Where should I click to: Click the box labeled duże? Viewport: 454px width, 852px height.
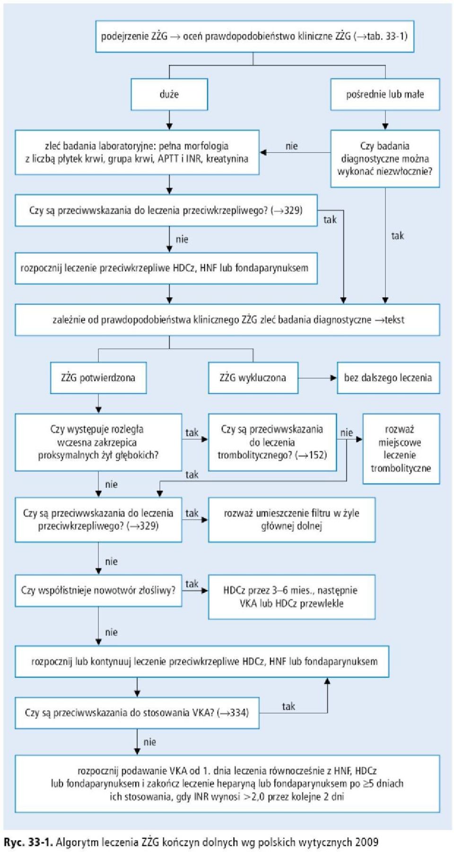point(169,94)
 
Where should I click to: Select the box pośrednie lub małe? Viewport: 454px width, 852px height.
point(385,94)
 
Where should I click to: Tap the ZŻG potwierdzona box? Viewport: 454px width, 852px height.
point(98,378)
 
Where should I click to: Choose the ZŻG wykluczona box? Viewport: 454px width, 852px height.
point(253,378)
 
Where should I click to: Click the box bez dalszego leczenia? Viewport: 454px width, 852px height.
point(388,378)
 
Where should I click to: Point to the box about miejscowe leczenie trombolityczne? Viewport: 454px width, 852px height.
point(401,448)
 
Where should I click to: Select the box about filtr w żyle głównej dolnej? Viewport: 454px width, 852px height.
point(292,519)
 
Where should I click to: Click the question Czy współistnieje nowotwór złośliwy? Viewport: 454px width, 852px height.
point(98,590)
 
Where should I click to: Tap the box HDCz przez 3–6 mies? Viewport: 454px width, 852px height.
point(292,597)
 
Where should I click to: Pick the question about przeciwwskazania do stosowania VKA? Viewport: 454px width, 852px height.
point(137,712)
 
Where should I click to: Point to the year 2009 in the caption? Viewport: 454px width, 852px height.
point(367,842)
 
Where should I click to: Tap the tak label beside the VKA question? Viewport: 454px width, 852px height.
point(288,706)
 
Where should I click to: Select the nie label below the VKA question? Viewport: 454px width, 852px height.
point(150,742)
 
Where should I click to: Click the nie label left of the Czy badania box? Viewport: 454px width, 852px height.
point(292,146)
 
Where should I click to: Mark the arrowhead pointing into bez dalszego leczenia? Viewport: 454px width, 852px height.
point(334,378)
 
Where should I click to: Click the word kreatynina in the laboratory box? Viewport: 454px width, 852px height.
point(227,159)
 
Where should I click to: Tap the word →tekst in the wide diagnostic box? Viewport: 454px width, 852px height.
point(390,320)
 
